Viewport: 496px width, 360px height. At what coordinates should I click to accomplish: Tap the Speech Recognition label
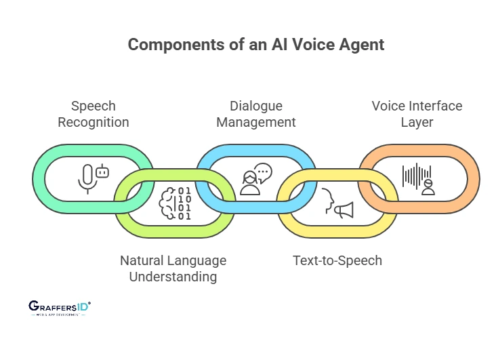pos(94,114)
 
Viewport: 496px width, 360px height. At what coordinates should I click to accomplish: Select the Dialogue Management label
pos(255,114)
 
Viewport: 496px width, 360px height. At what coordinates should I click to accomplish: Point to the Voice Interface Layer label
pos(417,114)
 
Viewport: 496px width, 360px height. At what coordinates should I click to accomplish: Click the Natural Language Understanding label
pos(173,268)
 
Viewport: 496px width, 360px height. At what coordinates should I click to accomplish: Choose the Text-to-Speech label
pos(337,260)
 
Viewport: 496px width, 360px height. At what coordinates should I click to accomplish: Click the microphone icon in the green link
pos(86,178)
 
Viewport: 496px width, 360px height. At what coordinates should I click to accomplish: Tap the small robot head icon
pos(102,172)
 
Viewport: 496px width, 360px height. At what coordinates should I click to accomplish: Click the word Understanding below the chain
pos(173,277)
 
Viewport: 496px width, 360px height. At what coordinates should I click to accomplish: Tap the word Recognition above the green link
pos(94,122)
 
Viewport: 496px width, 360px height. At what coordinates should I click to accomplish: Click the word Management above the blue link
pos(255,122)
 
